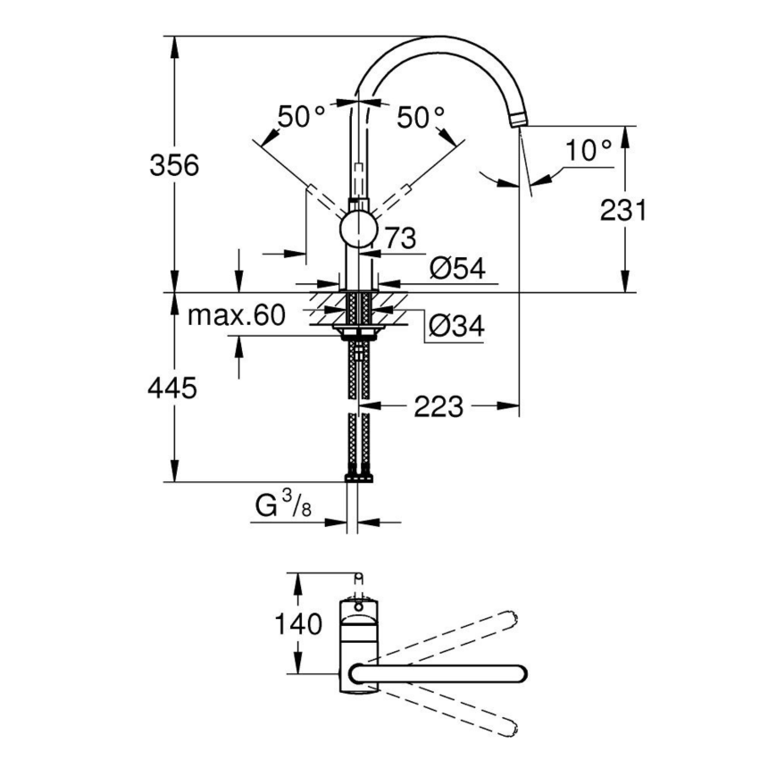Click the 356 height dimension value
[x=175, y=165]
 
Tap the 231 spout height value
[x=622, y=210]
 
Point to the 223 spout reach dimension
[x=438, y=407]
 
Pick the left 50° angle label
[x=301, y=116]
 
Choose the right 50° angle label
[x=421, y=116]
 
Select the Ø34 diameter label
[x=455, y=327]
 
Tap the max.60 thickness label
[x=236, y=315]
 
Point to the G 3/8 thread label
[x=280, y=508]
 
